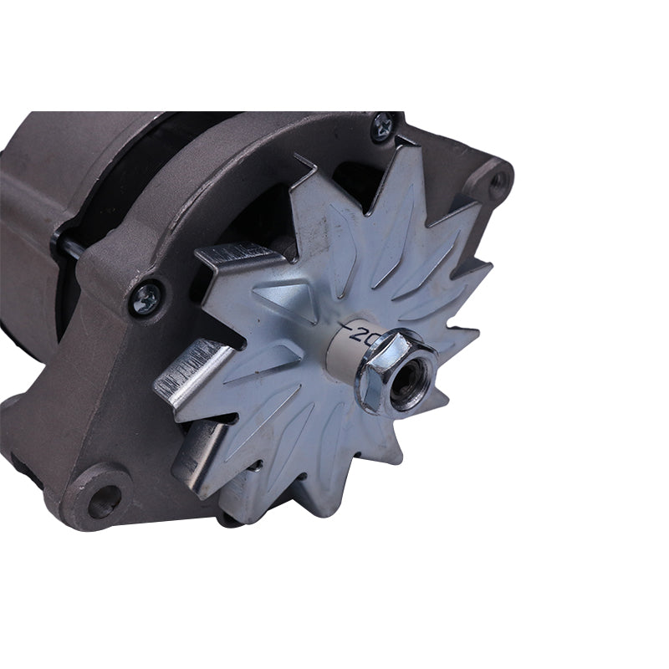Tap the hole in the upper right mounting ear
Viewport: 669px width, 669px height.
(500, 178)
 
